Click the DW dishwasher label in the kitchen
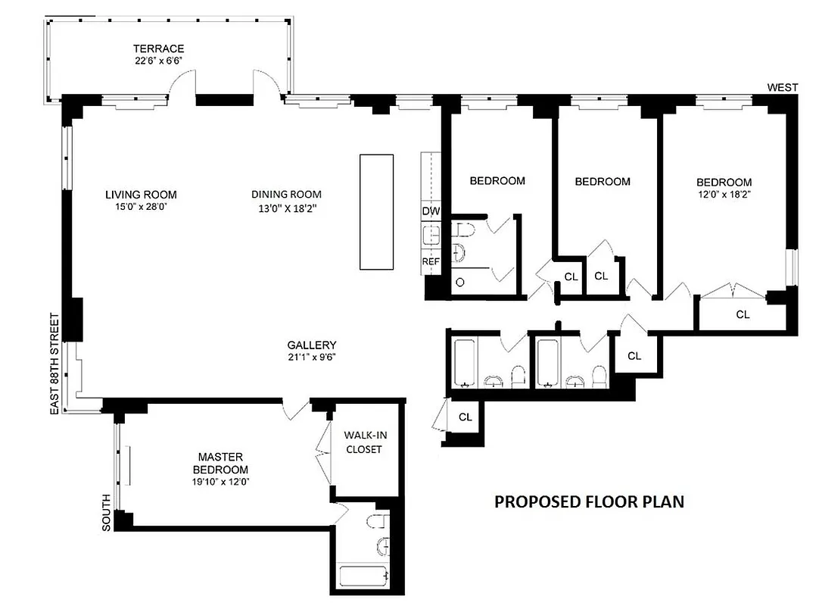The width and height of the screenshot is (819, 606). (x=431, y=211)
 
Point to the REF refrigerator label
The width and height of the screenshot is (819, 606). (x=431, y=261)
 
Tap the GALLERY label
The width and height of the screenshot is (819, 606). (x=312, y=345)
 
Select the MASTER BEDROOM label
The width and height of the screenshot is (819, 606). (x=220, y=462)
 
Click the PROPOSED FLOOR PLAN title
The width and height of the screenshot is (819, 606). (x=589, y=501)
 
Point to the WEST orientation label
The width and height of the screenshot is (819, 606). (x=783, y=88)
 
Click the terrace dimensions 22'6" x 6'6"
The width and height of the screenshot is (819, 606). (x=157, y=61)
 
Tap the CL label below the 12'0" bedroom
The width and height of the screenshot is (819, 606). (x=743, y=314)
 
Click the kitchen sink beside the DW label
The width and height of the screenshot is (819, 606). (x=431, y=236)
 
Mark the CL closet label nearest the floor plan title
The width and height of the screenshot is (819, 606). (x=466, y=417)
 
